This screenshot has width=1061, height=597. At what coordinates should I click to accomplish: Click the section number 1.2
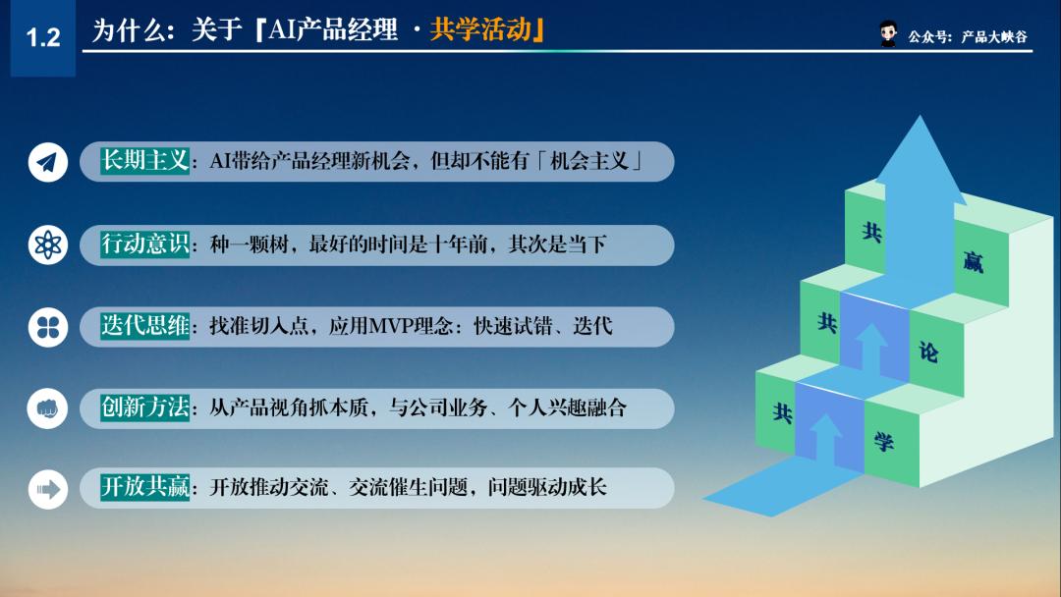[x=42, y=38]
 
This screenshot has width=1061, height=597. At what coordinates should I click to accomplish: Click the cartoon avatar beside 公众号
[x=888, y=34]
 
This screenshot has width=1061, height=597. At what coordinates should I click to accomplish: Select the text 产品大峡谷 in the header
[x=994, y=36]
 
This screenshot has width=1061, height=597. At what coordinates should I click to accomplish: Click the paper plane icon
[x=48, y=162]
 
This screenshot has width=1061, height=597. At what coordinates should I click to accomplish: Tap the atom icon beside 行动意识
[x=48, y=244]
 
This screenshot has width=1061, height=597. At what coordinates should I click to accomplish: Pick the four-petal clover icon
[x=48, y=327]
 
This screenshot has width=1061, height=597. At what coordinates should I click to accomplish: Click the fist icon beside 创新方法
[x=48, y=408]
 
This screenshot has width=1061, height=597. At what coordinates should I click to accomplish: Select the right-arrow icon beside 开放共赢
[x=48, y=488]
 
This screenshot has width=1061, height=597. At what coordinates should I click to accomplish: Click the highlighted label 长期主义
[x=145, y=161]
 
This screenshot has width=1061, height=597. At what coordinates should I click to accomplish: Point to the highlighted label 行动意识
[x=145, y=244]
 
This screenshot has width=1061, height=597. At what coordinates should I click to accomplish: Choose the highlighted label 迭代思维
[x=145, y=326]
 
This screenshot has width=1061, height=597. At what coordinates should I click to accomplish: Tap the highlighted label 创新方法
[x=145, y=407]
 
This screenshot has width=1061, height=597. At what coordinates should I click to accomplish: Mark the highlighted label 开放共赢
[x=145, y=487]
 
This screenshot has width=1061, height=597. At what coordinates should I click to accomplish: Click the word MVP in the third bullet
[x=396, y=326]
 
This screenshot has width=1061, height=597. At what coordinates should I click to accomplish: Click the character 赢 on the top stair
[x=973, y=262]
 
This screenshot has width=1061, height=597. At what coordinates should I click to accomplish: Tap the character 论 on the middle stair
[x=927, y=352]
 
